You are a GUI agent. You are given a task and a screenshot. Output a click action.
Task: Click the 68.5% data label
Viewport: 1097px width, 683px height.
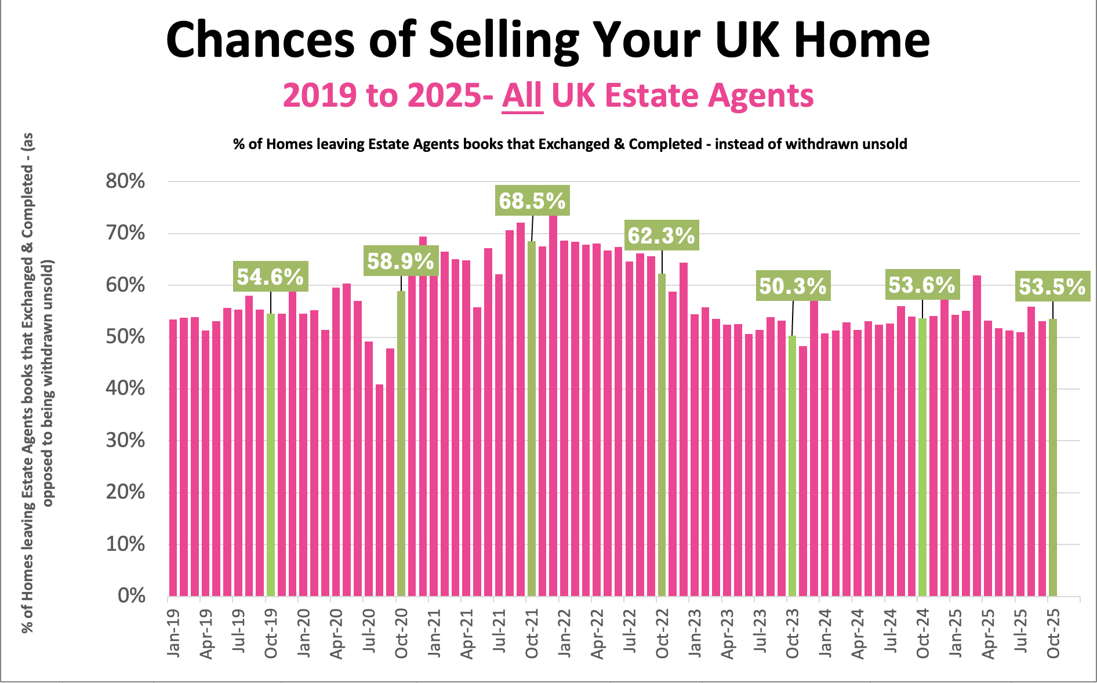532,201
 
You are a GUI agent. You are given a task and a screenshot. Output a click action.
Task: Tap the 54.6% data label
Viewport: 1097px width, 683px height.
270,277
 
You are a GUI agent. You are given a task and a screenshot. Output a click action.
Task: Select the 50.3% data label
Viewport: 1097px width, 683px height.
793,286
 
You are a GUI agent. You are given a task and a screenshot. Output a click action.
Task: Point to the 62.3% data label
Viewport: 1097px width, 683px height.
661,235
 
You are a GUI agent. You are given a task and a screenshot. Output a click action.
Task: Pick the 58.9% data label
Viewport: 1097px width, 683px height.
401,261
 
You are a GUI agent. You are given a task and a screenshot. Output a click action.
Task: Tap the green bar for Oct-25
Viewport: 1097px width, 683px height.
1053,457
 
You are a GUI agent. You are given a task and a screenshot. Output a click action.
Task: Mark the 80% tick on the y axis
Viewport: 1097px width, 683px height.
125,181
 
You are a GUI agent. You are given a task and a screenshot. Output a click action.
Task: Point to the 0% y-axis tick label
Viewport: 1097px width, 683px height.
132,595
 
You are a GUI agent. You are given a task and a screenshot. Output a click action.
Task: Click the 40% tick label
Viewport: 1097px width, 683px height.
125,388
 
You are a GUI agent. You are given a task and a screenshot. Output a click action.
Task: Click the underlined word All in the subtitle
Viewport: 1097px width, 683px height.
522,96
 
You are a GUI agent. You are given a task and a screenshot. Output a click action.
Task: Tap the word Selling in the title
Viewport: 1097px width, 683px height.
504,41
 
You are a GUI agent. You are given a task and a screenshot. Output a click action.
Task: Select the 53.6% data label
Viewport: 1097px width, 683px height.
922,285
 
